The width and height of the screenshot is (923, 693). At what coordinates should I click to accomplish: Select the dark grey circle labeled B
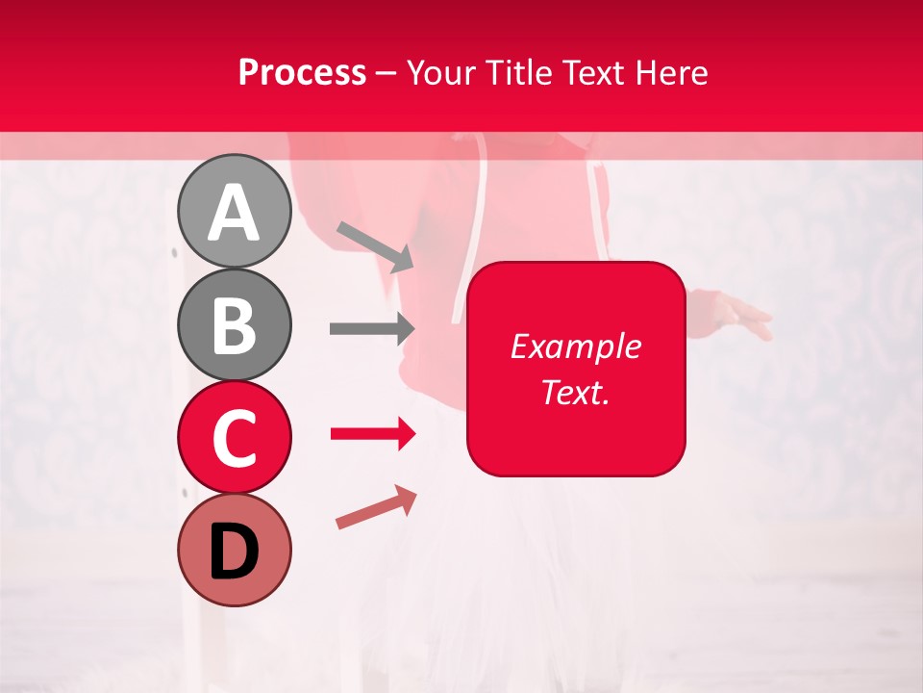coord(235,324)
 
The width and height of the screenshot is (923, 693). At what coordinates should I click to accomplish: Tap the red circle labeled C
coord(235,438)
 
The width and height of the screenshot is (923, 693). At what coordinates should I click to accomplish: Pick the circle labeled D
coord(235,550)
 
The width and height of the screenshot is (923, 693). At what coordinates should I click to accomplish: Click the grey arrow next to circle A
coord(374,244)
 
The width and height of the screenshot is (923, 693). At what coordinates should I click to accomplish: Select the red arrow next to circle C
coord(372,434)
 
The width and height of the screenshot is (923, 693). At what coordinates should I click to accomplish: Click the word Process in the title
coord(302,72)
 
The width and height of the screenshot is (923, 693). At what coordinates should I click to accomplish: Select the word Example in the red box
coord(575,346)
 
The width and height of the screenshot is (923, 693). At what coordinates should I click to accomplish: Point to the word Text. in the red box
coord(575,392)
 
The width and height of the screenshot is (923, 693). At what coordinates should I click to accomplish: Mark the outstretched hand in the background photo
coord(740,317)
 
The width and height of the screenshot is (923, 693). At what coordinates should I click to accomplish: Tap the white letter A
coord(235,213)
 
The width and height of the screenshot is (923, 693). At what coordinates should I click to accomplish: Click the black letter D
coord(235,552)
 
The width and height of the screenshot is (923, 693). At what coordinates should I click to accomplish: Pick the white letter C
coord(235,438)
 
